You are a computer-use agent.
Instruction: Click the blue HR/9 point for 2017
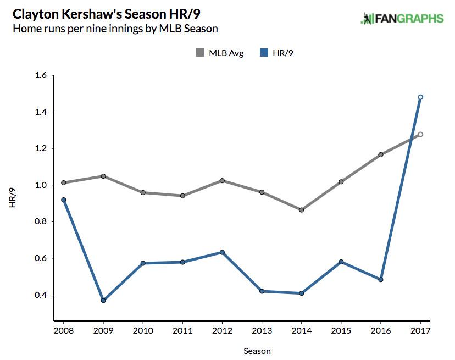tap(420, 97)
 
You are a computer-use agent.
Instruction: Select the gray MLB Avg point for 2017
tap(420, 134)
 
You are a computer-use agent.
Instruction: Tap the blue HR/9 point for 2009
tap(103, 301)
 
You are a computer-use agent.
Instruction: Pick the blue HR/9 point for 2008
tap(64, 200)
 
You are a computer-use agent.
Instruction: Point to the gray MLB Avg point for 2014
tap(302, 210)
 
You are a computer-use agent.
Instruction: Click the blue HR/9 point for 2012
tap(222, 252)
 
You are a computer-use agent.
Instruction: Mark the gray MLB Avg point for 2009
tap(103, 176)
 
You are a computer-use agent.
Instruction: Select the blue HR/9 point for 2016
tap(381, 279)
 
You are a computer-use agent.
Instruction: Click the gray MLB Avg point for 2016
tap(381, 154)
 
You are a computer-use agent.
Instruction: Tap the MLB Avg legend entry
tap(220, 53)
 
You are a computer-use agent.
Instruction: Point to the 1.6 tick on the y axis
tap(41, 76)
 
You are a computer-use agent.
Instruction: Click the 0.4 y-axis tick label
tap(41, 295)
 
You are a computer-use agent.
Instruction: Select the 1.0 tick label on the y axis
tap(41, 185)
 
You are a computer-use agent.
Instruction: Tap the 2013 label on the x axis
tap(262, 331)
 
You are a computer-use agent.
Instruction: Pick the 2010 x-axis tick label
tap(143, 331)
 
